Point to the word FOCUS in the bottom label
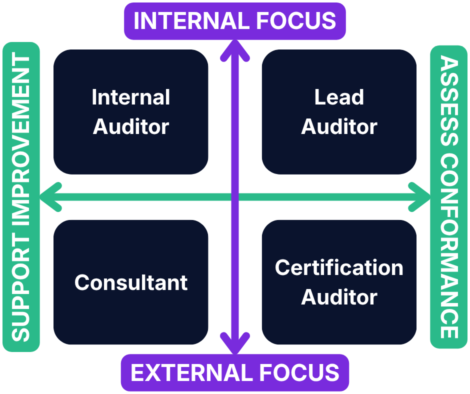point(302,373)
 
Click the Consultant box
point(131,282)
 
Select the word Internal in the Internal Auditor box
point(131,97)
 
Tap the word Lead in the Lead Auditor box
point(339,97)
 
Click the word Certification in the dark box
point(339,268)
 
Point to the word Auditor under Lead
point(339,126)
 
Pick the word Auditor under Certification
point(339,297)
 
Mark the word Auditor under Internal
point(131,126)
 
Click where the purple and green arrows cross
point(235,196)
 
